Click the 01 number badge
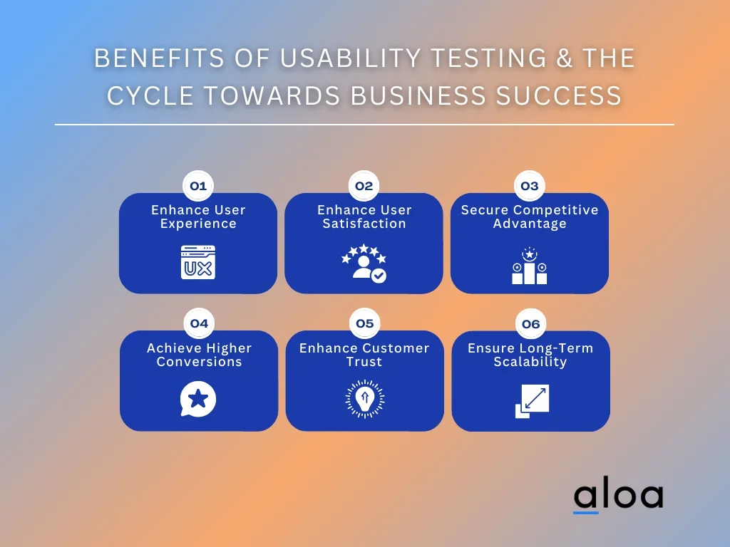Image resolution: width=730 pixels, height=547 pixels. coord(198,186)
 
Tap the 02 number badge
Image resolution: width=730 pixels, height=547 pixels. coord(364,186)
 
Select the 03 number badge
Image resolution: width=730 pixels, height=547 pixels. coord(530,186)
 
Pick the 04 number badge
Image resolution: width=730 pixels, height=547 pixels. coord(200,323)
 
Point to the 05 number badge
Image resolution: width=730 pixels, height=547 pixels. coord(365,323)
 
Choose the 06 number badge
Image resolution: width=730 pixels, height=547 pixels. coord(530,324)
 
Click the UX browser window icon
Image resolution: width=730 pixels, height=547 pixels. coord(198,262)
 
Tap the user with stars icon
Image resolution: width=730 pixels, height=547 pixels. coord(364,264)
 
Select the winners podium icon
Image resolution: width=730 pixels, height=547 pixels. coord(530,266)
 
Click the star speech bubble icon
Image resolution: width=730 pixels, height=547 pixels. coord(198,399)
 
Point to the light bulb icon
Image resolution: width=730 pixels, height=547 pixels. coord(365,399)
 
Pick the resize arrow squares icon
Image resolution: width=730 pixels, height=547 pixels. coord(532,401)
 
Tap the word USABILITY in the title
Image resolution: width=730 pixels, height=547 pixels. coord(350,58)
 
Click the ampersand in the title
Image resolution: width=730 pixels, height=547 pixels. coord(565,58)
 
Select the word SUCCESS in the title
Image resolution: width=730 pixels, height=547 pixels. coord(559,95)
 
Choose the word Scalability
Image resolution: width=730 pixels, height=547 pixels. coord(530,362)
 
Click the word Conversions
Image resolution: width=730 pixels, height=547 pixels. coord(200,362)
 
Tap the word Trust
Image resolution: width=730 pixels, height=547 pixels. coord(364,362)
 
